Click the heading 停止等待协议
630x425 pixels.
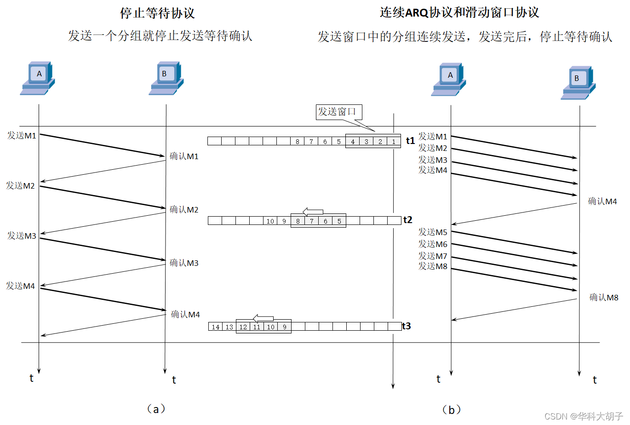[157, 13]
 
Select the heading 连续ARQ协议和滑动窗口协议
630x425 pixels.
[459, 12]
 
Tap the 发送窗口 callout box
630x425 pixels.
[338, 112]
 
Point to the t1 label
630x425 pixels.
[410, 141]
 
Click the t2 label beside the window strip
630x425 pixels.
[407, 220]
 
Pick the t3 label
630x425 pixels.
[406, 326]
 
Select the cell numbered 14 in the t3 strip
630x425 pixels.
[216, 327]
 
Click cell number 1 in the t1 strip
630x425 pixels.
[394, 141]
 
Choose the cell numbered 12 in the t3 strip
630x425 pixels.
[243, 327]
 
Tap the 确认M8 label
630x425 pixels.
[604, 298]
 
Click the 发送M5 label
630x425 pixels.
[432, 232]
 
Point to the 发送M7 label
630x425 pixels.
[432, 256]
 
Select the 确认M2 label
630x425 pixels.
[184, 210]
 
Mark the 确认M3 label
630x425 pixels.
[184, 263]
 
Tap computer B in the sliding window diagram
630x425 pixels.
[578, 83]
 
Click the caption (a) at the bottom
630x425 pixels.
[155, 408]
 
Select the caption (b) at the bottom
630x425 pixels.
[451, 409]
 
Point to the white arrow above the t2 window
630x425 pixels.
[313, 212]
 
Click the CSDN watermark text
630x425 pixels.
[583, 416]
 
